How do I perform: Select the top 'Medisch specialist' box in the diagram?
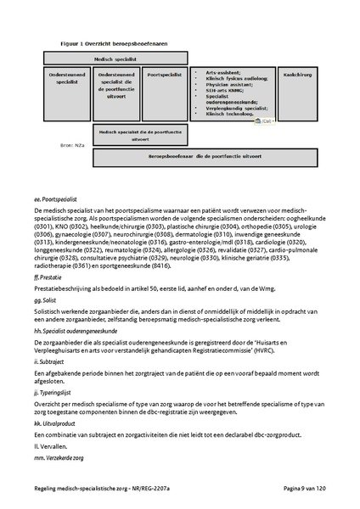pyautogui.click(x=114, y=59)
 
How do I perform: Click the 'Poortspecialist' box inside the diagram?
pyautogui.click(x=164, y=75)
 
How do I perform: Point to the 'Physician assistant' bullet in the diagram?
pyautogui.click(x=224, y=85)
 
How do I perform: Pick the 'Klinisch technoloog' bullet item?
pyautogui.click(x=223, y=115)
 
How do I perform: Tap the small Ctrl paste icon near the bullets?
pyautogui.click(x=264, y=121)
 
